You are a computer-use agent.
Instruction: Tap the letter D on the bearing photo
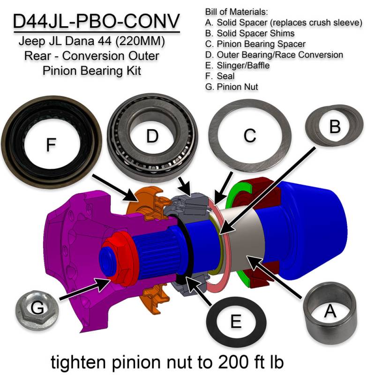[151, 136]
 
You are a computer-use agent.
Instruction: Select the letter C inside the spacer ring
[250, 135]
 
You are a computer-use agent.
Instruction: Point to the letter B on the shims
[335, 126]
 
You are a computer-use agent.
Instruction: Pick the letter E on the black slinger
[236, 321]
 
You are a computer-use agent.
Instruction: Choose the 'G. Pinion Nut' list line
[232, 87]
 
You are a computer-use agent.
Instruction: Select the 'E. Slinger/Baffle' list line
[237, 65]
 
